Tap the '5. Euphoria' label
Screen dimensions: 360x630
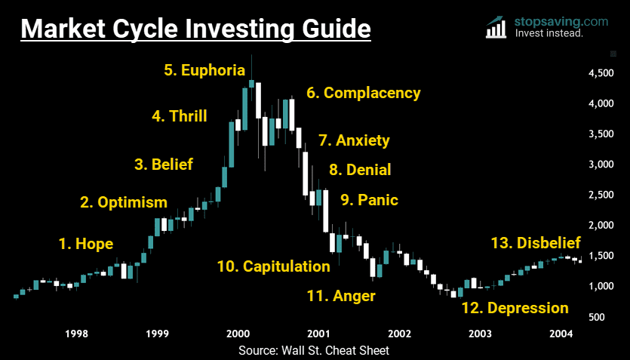click(204, 70)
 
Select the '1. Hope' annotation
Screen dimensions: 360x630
click(86, 243)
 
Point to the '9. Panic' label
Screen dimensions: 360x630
click(369, 200)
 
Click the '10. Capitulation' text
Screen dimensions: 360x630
click(273, 266)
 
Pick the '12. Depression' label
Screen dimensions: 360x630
click(515, 308)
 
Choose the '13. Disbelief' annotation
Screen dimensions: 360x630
click(536, 243)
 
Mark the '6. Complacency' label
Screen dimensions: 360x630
click(363, 93)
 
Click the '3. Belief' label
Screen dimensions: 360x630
click(164, 164)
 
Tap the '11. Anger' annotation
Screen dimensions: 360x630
click(341, 296)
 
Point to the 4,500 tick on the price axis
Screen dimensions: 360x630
click(601, 73)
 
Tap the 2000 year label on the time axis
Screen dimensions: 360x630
click(238, 334)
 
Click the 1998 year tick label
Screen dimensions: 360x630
click(76, 334)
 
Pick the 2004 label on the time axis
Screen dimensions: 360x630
click(561, 334)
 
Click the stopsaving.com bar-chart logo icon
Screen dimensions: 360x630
click(496, 27)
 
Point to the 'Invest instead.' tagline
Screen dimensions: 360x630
click(549, 33)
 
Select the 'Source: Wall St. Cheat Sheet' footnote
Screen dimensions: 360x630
click(314, 350)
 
